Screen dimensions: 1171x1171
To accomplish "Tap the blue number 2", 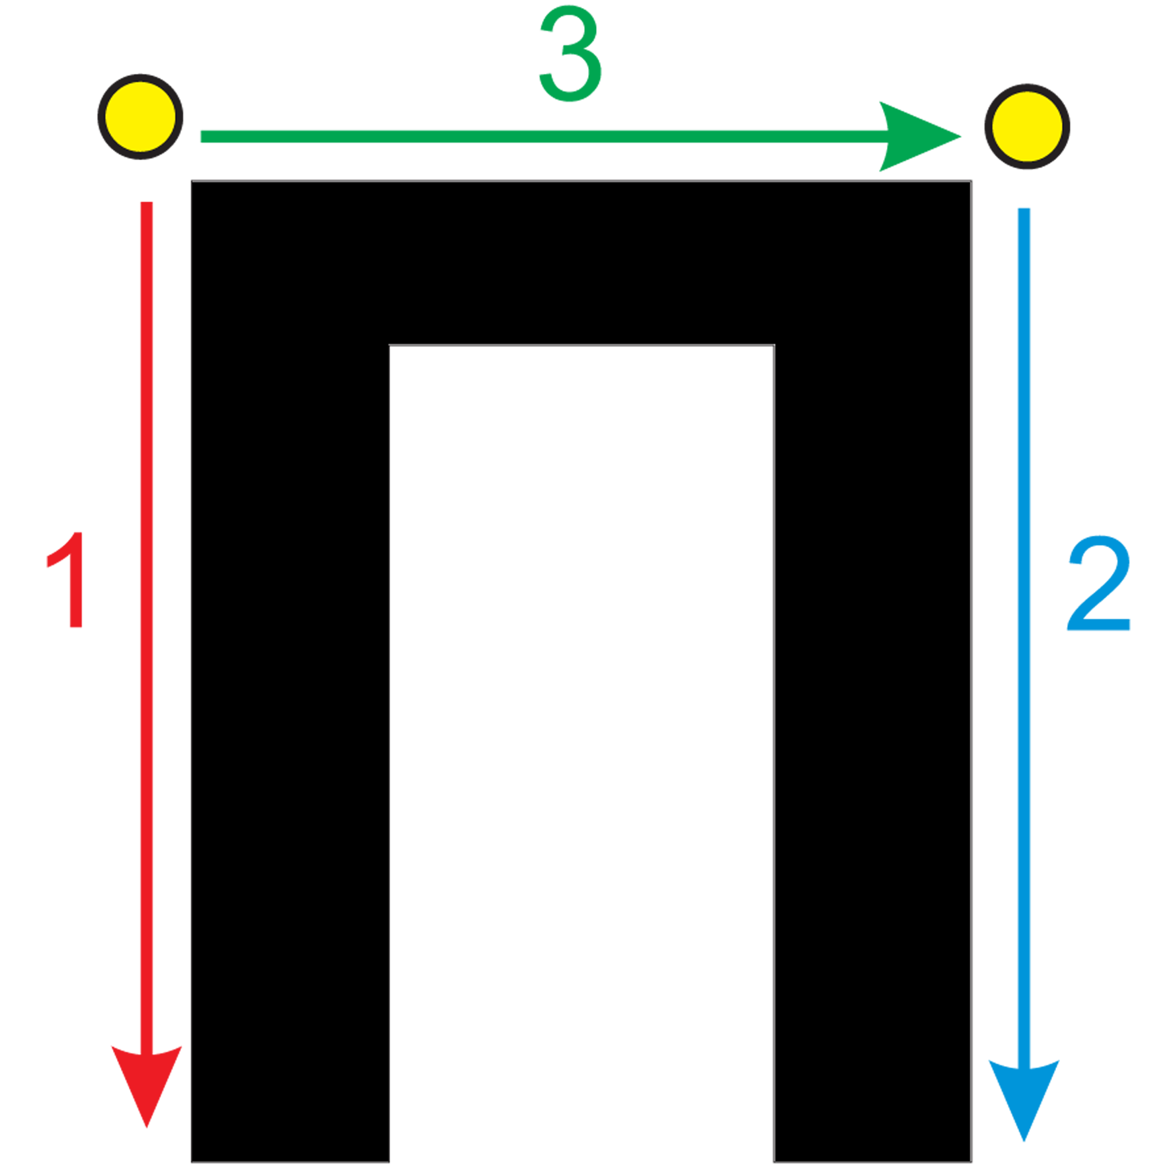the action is tap(1098, 583).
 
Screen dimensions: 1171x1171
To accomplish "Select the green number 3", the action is tap(570, 54).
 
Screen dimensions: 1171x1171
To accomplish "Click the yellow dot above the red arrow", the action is tap(140, 117).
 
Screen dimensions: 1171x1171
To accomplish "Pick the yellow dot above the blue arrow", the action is tap(1027, 126).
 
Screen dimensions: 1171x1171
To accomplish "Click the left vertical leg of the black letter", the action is tap(290, 753).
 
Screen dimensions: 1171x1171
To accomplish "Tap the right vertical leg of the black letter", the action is tap(872, 753).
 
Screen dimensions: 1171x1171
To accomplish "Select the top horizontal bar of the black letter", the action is tap(582, 262).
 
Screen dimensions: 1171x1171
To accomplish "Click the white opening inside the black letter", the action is tap(582, 753).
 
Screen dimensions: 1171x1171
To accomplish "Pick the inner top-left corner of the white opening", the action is tap(389, 345).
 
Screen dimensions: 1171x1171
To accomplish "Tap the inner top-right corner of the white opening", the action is tap(774, 345).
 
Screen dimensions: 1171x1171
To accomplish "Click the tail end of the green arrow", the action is tap(202, 137).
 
